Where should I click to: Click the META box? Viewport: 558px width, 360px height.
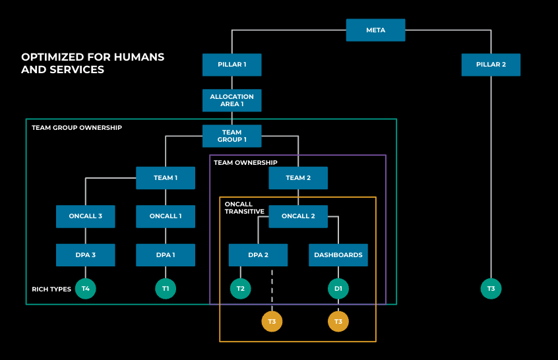coord(375,30)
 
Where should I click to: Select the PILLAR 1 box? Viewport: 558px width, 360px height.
coord(232,65)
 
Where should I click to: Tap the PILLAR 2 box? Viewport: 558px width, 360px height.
coord(491,65)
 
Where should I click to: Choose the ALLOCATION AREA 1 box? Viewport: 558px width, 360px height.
coord(232,100)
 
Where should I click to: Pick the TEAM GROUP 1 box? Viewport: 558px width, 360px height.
coord(232,136)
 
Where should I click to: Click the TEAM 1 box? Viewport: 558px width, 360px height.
coord(166,178)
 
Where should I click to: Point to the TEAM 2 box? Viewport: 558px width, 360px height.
coord(298,178)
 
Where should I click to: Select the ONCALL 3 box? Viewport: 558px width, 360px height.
coord(85,216)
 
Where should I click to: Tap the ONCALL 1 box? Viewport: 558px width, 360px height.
coord(166,216)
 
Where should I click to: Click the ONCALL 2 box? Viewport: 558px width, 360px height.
coord(298,216)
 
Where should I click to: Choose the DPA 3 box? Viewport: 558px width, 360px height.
coord(85,255)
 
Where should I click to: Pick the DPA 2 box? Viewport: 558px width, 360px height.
coord(258,255)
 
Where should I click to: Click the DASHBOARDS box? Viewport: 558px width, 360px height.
coord(338,255)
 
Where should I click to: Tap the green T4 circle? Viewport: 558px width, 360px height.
coord(85,289)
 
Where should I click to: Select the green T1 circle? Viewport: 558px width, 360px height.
coord(166,289)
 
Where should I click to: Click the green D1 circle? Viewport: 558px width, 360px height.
coord(338,289)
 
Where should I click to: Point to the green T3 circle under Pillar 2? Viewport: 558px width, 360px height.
coord(491,289)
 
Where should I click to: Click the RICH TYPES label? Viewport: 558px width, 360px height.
coord(51,289)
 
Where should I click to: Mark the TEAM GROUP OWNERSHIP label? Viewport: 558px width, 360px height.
coord(77,127)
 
